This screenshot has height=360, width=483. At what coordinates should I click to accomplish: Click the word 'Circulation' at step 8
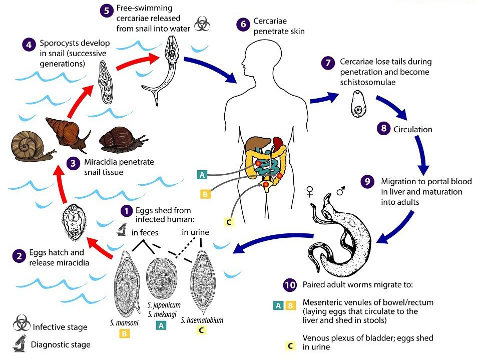[413, 129]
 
